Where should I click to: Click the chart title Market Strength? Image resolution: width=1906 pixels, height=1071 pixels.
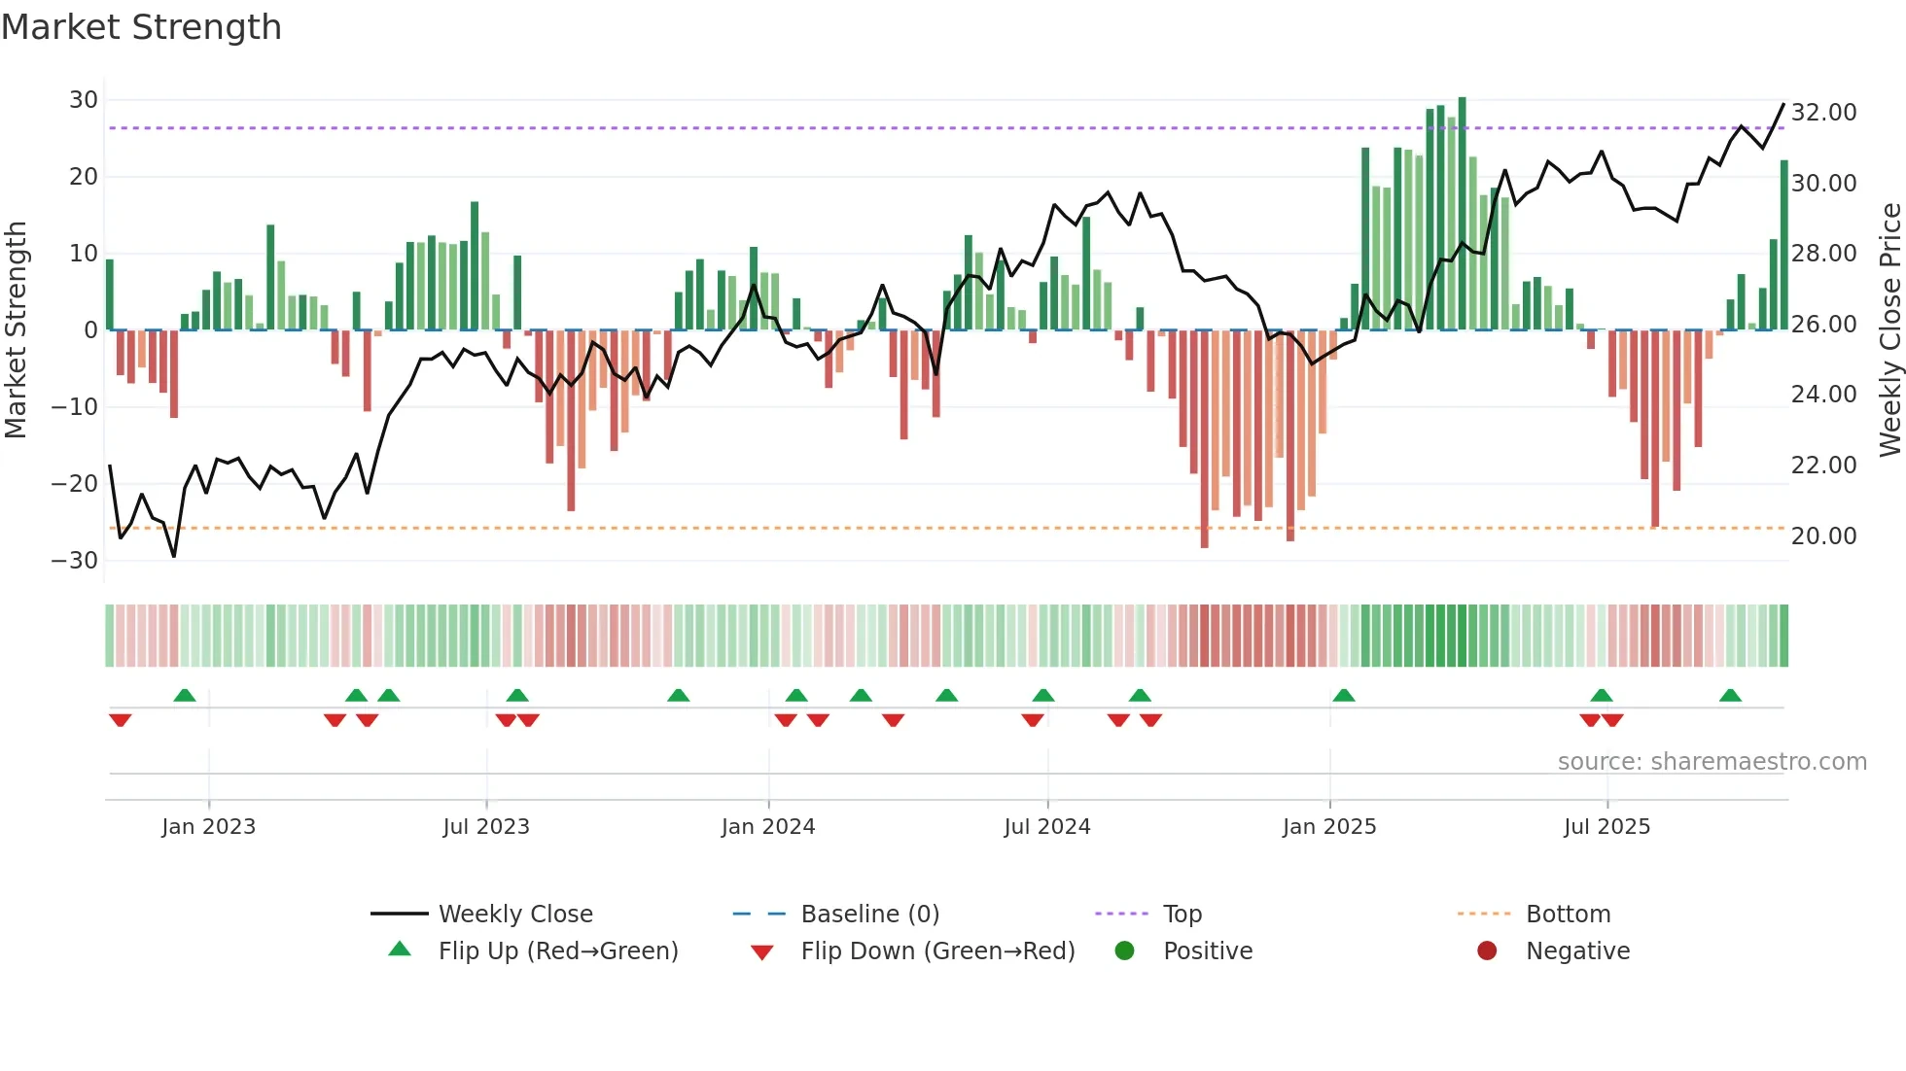141,27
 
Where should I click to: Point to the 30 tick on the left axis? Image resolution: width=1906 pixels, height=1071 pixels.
84,100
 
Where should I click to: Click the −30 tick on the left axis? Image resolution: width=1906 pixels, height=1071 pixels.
76,561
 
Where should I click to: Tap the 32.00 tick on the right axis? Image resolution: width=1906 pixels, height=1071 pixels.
1823,113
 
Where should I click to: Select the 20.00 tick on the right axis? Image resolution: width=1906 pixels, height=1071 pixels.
1823,536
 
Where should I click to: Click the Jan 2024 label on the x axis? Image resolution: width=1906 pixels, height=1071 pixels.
767,827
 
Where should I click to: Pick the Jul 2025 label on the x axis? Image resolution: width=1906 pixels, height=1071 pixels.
1606,827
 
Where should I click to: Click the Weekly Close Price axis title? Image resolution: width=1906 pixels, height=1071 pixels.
1889,330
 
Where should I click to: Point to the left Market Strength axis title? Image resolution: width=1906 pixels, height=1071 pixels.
17,330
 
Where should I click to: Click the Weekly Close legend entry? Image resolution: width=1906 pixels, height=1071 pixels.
514,915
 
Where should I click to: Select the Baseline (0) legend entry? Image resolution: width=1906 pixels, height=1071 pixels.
869,915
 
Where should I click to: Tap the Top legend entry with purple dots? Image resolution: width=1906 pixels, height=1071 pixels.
1182,915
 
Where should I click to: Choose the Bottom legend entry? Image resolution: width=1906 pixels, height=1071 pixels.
1567,915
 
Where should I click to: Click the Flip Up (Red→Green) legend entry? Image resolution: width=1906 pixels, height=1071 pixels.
557,951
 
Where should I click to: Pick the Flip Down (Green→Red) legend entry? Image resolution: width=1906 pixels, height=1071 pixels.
936,951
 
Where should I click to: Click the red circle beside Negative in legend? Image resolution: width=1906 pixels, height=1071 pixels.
1486,951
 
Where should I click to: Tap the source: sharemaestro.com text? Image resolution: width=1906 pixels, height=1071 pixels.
1712,762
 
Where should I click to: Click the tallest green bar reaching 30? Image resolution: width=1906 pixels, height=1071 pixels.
1462,214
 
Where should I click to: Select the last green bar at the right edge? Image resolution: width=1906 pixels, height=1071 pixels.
1783,245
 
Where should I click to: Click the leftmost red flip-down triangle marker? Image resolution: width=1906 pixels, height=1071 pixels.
121,720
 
